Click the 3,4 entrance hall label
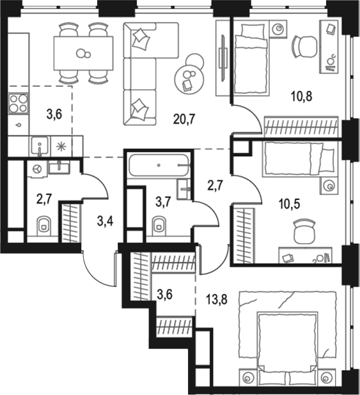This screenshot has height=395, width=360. (104, 222)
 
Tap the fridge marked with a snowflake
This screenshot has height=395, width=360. (61, 146)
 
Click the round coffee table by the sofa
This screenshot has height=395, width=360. (188, 78)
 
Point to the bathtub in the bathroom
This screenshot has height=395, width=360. (159, 165)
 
